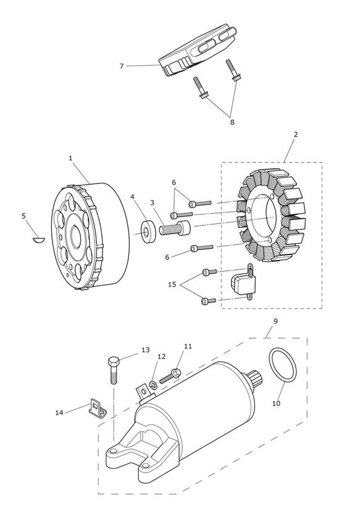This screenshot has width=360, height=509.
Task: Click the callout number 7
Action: click(x=122, y=66)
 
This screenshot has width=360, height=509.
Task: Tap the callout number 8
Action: click(x=232, y=122)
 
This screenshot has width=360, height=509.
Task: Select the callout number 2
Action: click(x=296, y=134)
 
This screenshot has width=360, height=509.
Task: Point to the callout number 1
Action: click(x=70, y=158)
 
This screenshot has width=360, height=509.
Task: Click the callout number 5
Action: click(x=23, y=216)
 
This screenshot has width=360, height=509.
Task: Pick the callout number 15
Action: click(x=172, y=284)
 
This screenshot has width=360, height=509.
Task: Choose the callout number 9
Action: click(x=275, y=321)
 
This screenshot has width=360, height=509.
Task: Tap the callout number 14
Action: click(x=59, y=413)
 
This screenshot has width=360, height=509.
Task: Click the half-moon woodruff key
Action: click(x=38, y=240)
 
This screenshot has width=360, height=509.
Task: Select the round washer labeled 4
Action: click(x=148, y=232)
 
